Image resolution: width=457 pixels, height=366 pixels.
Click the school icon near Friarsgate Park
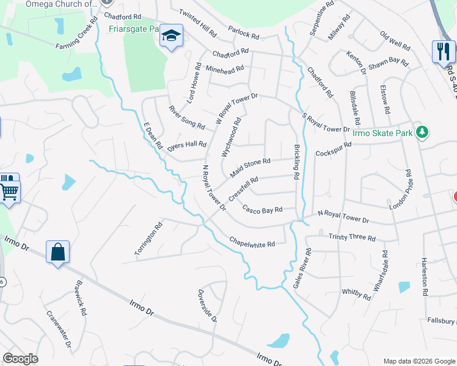pos(171,37)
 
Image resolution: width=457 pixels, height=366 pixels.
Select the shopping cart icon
pos(9,190)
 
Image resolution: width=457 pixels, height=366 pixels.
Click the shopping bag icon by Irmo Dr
pos(57,253)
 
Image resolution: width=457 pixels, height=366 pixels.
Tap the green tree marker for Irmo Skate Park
pos(421,132)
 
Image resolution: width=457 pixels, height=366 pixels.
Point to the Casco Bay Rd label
pos(262,209)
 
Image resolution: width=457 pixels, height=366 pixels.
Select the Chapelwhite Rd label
pos(252,242)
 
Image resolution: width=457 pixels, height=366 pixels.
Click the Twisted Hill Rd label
pos(198,21)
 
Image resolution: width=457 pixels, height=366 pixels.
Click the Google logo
pos(21,359)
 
